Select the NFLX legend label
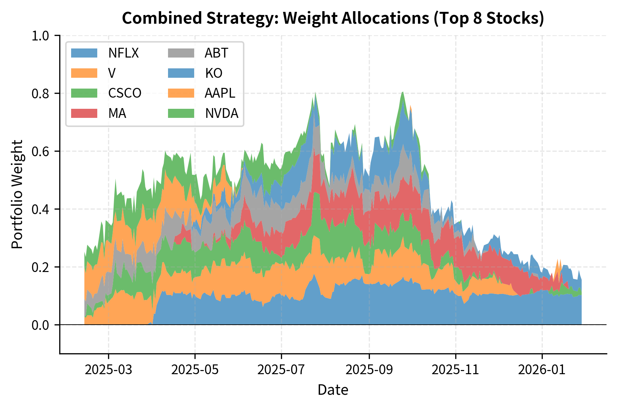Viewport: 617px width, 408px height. point(123,53)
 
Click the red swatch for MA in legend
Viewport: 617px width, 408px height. point(84,113)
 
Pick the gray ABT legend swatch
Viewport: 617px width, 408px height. point(181,53)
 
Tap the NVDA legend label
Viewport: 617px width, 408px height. point(222,113)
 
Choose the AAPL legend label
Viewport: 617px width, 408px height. point(220,93)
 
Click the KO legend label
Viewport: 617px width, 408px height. point(214,73)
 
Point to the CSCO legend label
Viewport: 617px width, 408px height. point(125,93)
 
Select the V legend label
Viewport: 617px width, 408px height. point(112,73)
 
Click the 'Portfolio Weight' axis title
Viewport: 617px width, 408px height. point(17,194)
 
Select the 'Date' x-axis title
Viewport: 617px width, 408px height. point(333,390)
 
